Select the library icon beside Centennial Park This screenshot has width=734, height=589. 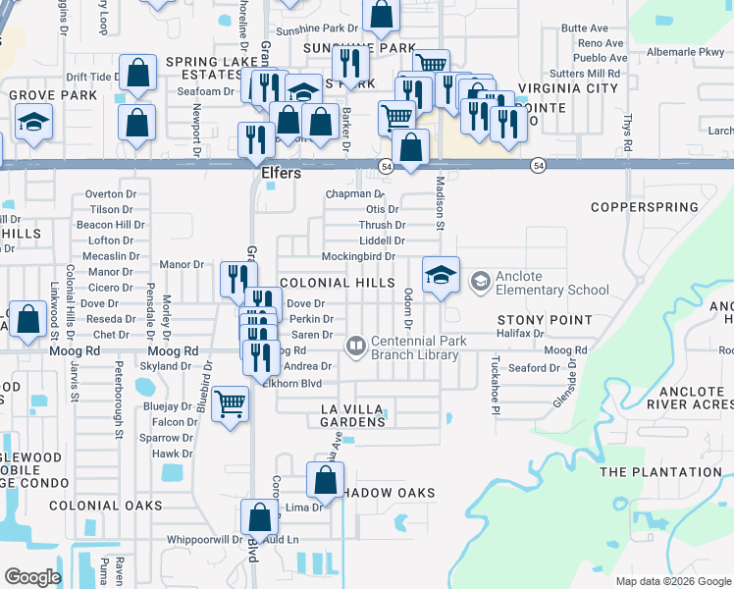point(355,347)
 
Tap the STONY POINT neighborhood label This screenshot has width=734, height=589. point(545,320)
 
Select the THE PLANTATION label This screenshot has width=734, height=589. point(659,472)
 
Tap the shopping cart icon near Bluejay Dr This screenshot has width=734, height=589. point(231,403)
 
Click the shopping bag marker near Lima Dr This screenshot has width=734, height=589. point(325,481)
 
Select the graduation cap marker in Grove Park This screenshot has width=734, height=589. point(33,123)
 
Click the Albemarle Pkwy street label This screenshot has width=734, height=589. point(685,52)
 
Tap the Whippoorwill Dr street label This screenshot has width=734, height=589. point(204,539)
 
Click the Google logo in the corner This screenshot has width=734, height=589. point(32,577)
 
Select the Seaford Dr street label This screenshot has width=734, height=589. point(534,368)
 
